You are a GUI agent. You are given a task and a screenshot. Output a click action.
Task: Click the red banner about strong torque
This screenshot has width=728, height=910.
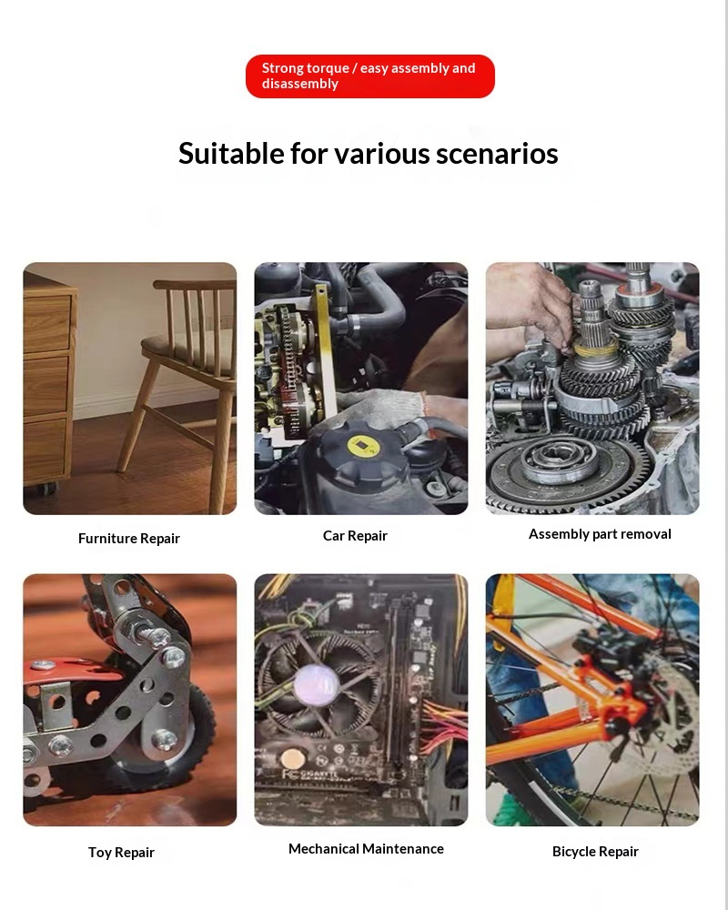point(369,76)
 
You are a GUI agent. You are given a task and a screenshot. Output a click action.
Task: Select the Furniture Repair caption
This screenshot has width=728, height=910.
point(129,539)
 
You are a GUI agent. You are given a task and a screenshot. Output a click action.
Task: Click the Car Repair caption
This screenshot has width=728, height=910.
point(355,536)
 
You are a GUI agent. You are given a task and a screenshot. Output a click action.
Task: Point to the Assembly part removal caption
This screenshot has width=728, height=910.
point(600,534)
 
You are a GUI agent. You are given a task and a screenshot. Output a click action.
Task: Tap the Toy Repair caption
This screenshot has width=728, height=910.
point(121,853)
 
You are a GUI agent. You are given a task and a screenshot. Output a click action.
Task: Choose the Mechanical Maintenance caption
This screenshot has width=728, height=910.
point(366,849)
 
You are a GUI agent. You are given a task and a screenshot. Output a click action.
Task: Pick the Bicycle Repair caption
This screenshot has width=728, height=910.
point(595,852)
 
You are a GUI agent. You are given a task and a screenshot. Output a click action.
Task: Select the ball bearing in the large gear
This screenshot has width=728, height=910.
point(560,461)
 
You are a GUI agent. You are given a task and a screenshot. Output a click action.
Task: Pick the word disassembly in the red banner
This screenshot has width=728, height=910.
point(299,84)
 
